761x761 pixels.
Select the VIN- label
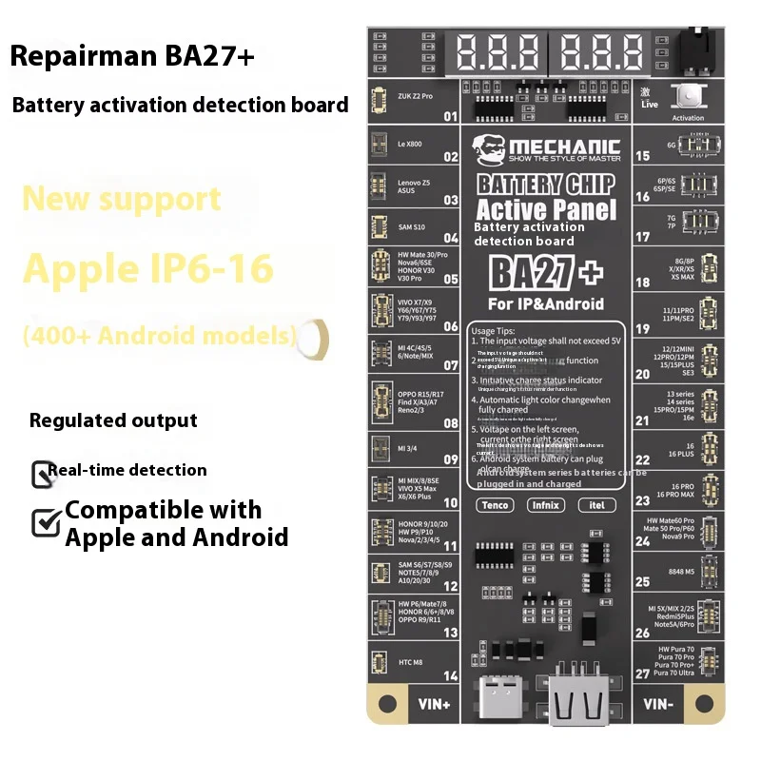[658, 705]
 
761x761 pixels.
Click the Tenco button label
[495, 505]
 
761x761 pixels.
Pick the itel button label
[596, 505]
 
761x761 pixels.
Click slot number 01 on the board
[451, 118]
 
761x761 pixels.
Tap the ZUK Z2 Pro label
[416, 96]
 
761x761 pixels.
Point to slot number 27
[642, 673]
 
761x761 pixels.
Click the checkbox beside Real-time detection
[42, 473]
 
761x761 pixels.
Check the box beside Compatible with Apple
[46, 522]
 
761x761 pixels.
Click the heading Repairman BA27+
[132, 56]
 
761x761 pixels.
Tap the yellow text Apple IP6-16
[147, 268]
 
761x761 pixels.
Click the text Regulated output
[113, 420]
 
